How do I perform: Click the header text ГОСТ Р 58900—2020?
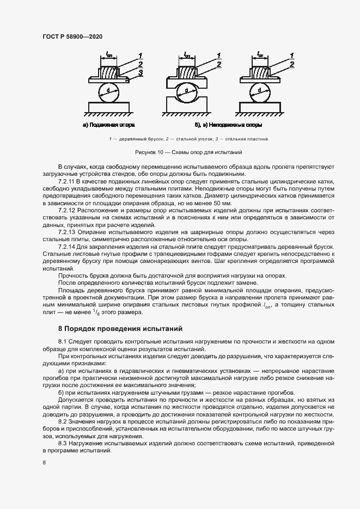point(72,36)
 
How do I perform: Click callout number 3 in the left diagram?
point(141,72)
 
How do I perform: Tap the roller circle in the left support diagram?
point(109,90)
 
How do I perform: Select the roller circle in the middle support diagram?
point(186,90)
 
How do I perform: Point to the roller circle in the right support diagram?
point(260,90)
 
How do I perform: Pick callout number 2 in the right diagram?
point(292,64)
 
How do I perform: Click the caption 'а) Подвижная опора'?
point(109,125)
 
